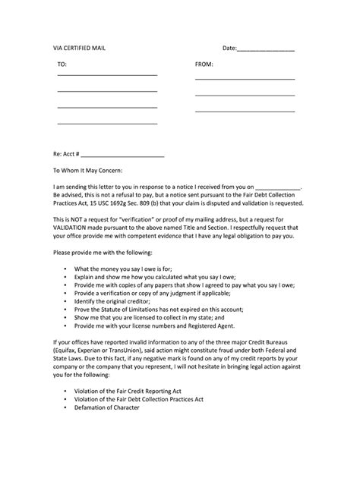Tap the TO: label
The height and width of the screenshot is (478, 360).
[62, 64]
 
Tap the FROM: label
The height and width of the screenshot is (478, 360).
[204, 64]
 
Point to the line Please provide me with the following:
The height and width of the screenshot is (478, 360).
[102, 252]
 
